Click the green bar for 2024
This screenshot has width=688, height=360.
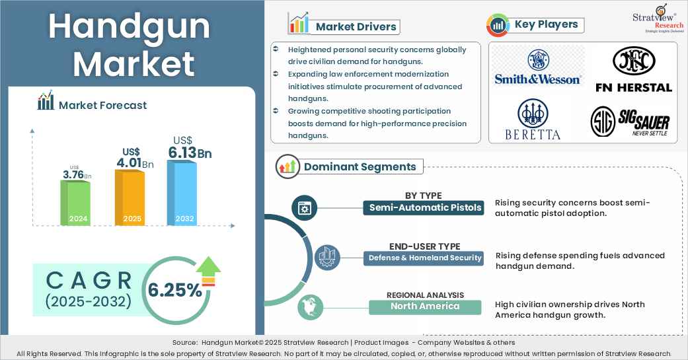tap(75, 203)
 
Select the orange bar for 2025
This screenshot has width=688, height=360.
tap(130, 198)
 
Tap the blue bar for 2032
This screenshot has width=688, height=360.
tap(182, 193)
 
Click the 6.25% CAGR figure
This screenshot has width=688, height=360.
tap(174, 290)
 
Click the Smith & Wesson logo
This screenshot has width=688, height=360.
tap(537, 67)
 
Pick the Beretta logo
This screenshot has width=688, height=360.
tap(533, 120)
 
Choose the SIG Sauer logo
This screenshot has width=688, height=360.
tap(630, 122)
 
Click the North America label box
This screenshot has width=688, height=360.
tap(425, 306)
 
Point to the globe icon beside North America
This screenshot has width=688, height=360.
tap(310, 307)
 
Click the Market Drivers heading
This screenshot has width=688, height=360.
tap(356, 26)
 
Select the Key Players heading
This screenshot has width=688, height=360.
tap(547, 24)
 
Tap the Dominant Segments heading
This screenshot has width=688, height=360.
tap(360, 166)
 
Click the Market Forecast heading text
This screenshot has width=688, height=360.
tap(102, 105)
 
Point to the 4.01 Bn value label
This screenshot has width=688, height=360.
tap(135, 158)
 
